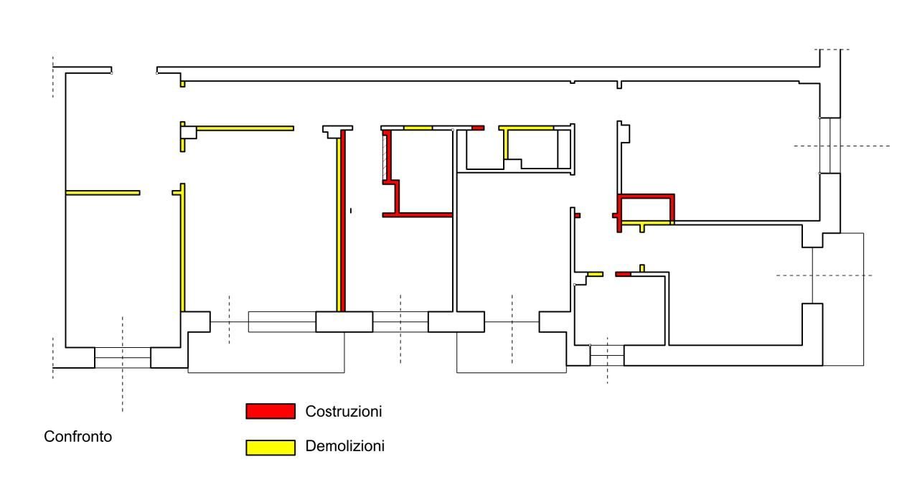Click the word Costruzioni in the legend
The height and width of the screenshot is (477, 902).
pyautogui.click(x=344, y=412)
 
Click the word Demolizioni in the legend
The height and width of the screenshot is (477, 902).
pyautogui.click(x=344, y=446)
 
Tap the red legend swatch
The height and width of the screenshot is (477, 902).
pyautogui.click(x=271, y=412)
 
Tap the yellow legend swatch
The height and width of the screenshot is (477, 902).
pyautogui.click(x=271, y=448)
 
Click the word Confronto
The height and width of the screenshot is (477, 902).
pyautogui.click(x=77, y=436)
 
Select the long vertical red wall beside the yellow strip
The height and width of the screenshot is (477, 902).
pyautogui.click(x=343, y=221)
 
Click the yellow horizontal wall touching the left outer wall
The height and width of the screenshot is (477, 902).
pyautogui.click(x=103, y=193)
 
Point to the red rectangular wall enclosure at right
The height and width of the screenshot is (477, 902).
pyautogui.click(x=646, y=197)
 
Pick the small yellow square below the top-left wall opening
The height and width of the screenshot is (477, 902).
pyautogui.click(x=183, y=84)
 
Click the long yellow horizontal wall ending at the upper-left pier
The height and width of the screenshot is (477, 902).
pyautogui.click(x=245, y=128)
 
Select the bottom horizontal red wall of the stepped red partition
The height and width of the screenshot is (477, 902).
pyautogui.click(x=417, y=215)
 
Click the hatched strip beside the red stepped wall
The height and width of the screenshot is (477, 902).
pyautogui.click(x=385, y=158)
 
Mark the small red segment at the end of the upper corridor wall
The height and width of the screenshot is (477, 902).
pyautogui.click(x=478, y=128)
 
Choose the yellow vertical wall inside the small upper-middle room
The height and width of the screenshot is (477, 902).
pyautogui.click(x=506, y=144)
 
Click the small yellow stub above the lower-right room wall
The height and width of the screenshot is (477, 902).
pyautogui.click(x=642, y=268)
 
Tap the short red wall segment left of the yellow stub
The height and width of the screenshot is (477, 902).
pyautogui.click(x=623, y=274)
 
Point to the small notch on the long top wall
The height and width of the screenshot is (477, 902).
pyautogui.click(x=619, y=85)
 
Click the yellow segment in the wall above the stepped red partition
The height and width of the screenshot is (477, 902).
pyautogui.click(x=418, y=128)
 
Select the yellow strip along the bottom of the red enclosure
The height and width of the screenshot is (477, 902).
pyautogui.click(x=647, y=222)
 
